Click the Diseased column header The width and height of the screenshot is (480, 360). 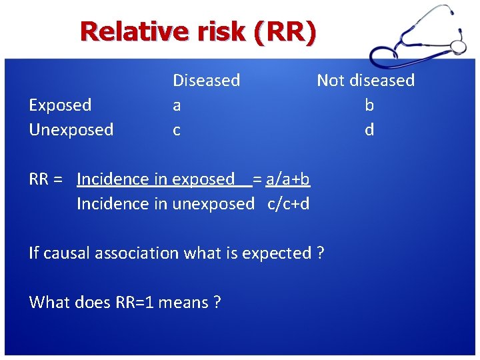(206, 81)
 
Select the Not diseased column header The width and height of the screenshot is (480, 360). (365, 81)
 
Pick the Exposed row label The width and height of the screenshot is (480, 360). (60, 105)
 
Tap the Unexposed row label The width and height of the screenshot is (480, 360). (71, 129)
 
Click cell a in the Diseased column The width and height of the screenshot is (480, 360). (177, 105)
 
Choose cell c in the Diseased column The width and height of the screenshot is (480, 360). (177, 130)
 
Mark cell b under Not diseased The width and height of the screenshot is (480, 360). (369, 105)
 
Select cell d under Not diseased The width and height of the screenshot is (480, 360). (369, 130)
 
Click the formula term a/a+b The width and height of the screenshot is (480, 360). (287, 179)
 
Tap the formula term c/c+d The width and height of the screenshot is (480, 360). (288, 204)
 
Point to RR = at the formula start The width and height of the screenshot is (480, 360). (46, 179)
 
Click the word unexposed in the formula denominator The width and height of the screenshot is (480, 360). (213, 204)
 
